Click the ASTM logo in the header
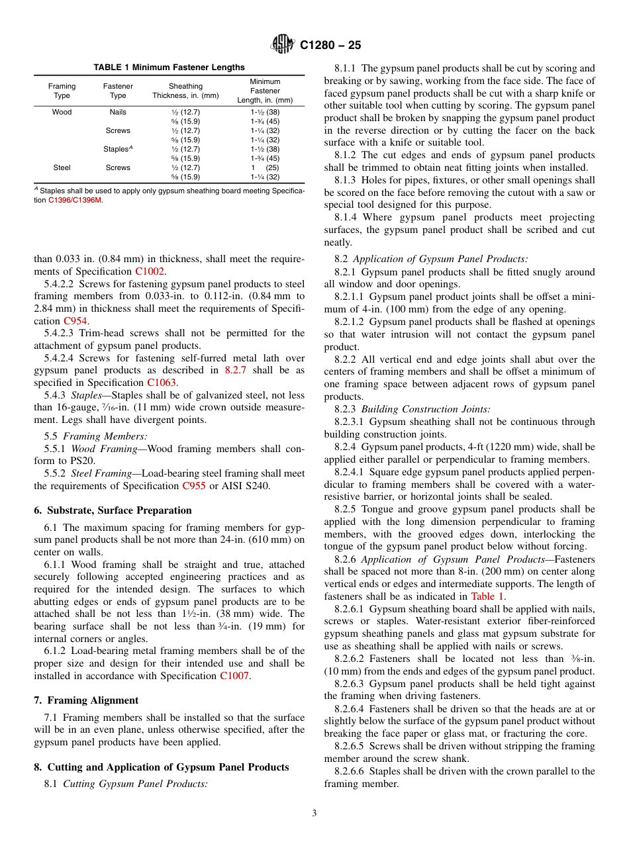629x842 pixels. [x=283, y=45]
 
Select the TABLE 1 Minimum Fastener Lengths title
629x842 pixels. [x=169, y=68]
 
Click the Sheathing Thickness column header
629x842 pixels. [x=185, y=91]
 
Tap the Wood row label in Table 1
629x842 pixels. [x=62, y=113]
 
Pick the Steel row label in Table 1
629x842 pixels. [x=62, y=168]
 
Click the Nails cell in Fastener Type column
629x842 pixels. [x=118, y=113]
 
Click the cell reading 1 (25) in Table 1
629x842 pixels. [x=265, y=168]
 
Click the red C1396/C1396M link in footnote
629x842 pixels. [x=75, y=200]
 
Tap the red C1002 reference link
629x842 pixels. [x=150, y=271]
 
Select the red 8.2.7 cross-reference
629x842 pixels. [x=235, y=371]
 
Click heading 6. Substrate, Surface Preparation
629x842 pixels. [x=113, y=510]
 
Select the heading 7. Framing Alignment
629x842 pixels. [x=86, y=700]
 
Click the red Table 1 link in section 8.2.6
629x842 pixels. [x=487, y=596]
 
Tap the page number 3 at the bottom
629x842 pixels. [x=314, y=814]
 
